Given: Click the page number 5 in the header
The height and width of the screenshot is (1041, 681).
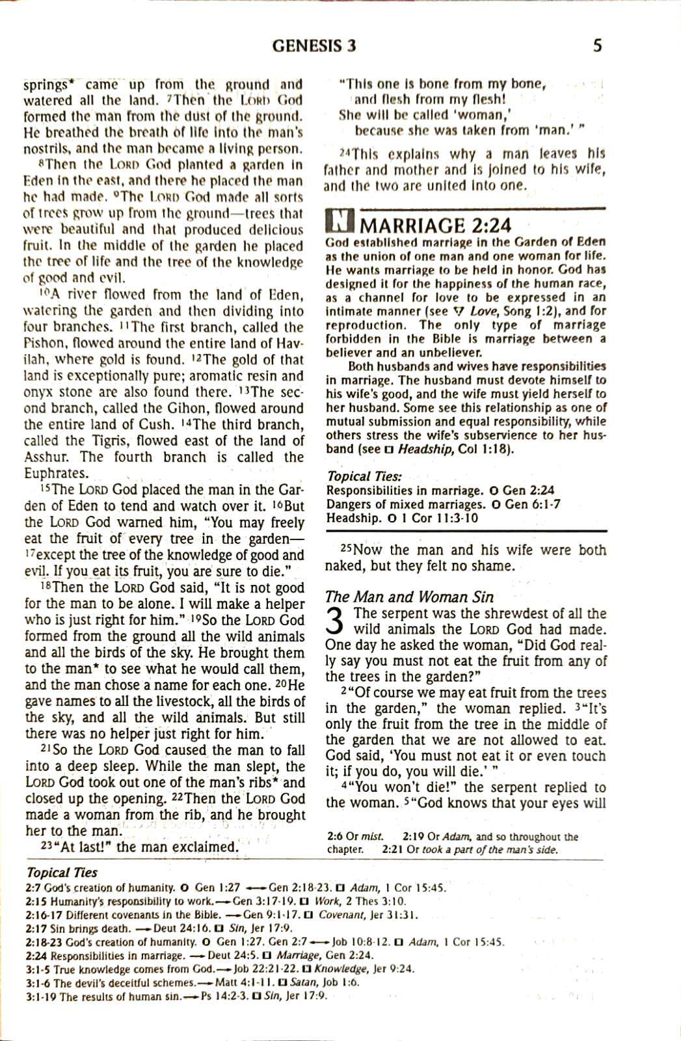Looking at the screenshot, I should pos(597,46).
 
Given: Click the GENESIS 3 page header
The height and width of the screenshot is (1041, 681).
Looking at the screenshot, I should pos(314,46).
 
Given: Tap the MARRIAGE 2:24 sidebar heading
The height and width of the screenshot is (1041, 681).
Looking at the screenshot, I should pos(435,225).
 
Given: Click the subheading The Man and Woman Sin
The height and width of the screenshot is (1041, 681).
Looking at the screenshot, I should pos(409,597).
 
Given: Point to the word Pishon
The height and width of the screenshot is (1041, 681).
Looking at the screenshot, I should pos(41,344).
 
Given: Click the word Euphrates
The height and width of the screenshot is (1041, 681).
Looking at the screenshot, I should pos(55,473).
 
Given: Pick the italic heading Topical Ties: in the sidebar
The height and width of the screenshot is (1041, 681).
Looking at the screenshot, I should pos(364,476).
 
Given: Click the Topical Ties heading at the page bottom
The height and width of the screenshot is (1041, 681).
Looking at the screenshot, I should pos(62,872).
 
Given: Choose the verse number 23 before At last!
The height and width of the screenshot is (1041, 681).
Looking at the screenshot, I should pos(46,845).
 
